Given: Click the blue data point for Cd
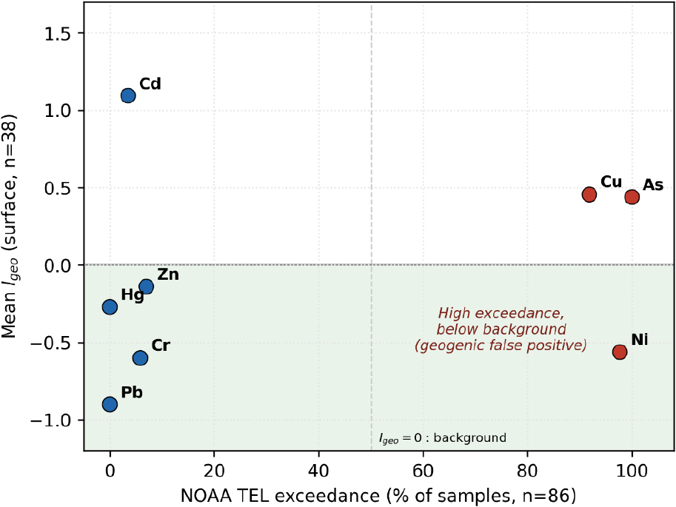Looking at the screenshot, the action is point(128,95).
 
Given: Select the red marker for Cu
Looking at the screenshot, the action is point(589,195).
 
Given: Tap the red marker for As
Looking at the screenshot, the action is point(632,197).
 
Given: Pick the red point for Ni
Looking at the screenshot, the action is point(620,352).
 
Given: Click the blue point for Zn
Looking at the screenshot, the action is point(146,286).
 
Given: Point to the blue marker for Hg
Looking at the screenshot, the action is point(110,306).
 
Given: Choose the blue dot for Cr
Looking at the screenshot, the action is point(140,357).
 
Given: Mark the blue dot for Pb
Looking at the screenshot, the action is point(110,404).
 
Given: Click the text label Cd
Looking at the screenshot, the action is point(150,84).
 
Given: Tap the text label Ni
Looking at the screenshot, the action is point(640,340).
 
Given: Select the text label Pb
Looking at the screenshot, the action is point(132,392).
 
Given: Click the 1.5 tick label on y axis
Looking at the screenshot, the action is point(58,33).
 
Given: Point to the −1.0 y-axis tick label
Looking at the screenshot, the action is point(50,420).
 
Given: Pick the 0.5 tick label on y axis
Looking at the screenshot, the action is point(58,189).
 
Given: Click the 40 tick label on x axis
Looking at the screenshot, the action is point(318,470).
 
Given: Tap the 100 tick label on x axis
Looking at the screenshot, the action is point(632,470).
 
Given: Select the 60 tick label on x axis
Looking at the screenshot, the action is point(423,470).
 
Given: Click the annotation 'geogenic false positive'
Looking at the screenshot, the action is point(501,346).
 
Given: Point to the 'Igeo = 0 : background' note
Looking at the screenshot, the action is point(442,438).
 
